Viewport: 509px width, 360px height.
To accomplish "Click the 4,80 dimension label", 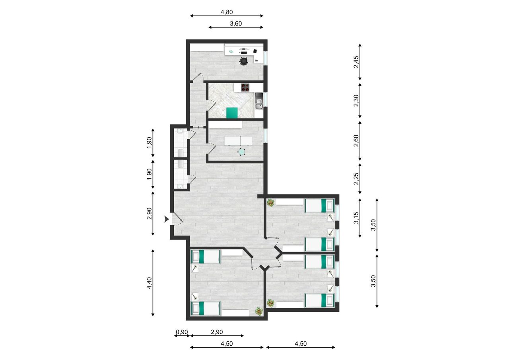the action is (x=227, y=12).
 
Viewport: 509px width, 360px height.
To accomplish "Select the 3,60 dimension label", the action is (x=236, y=23).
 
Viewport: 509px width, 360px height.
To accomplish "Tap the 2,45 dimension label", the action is (x=356, y=62).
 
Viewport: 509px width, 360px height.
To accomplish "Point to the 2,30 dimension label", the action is (x=356, y=101).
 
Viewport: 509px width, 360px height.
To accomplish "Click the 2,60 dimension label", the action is (x=356, y=141).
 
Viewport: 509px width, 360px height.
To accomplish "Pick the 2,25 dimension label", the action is (x=356, y=179).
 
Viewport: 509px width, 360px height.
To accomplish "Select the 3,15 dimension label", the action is (x=356, y=218).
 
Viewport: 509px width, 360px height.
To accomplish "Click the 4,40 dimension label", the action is (x=149, y=283).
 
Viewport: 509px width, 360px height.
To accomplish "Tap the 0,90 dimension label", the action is (x=182, y=332).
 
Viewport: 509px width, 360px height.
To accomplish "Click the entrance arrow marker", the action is (x=167, y=219).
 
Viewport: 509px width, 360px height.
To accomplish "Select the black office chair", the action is (x=244, y=61).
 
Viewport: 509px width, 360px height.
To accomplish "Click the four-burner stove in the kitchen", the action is (x=245, y=88).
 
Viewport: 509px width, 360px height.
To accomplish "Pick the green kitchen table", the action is (x=232, y=113).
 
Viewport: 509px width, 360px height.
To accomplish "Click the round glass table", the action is (x=241, y=152).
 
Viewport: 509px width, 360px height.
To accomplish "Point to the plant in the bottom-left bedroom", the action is (x=259, y=311).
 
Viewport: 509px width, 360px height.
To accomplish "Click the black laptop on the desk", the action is (x=255, y=51).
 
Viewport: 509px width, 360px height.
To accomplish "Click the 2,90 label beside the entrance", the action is (x=149, y=214).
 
